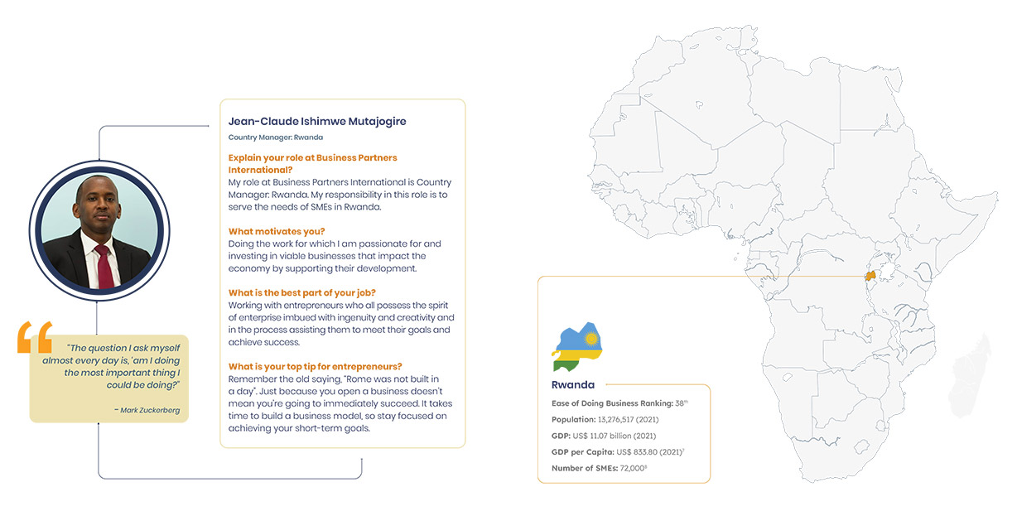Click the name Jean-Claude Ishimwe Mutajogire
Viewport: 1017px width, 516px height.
[x=317, y=122]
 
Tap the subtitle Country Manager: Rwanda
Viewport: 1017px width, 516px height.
[x=276, y=137]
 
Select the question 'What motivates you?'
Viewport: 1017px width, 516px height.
[x=277, y=231]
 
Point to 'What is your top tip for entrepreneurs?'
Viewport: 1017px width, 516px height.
[x=316, y=366]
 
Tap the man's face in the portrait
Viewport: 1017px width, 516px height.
[x=98, y=208]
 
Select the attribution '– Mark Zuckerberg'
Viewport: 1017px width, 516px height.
[x=147, y=409]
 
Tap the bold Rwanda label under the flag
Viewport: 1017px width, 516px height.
[x=572, y=385]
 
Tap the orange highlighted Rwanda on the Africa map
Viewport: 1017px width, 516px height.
[x=870, y=277]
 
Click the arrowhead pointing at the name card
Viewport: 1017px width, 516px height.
[x=207, y=127]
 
